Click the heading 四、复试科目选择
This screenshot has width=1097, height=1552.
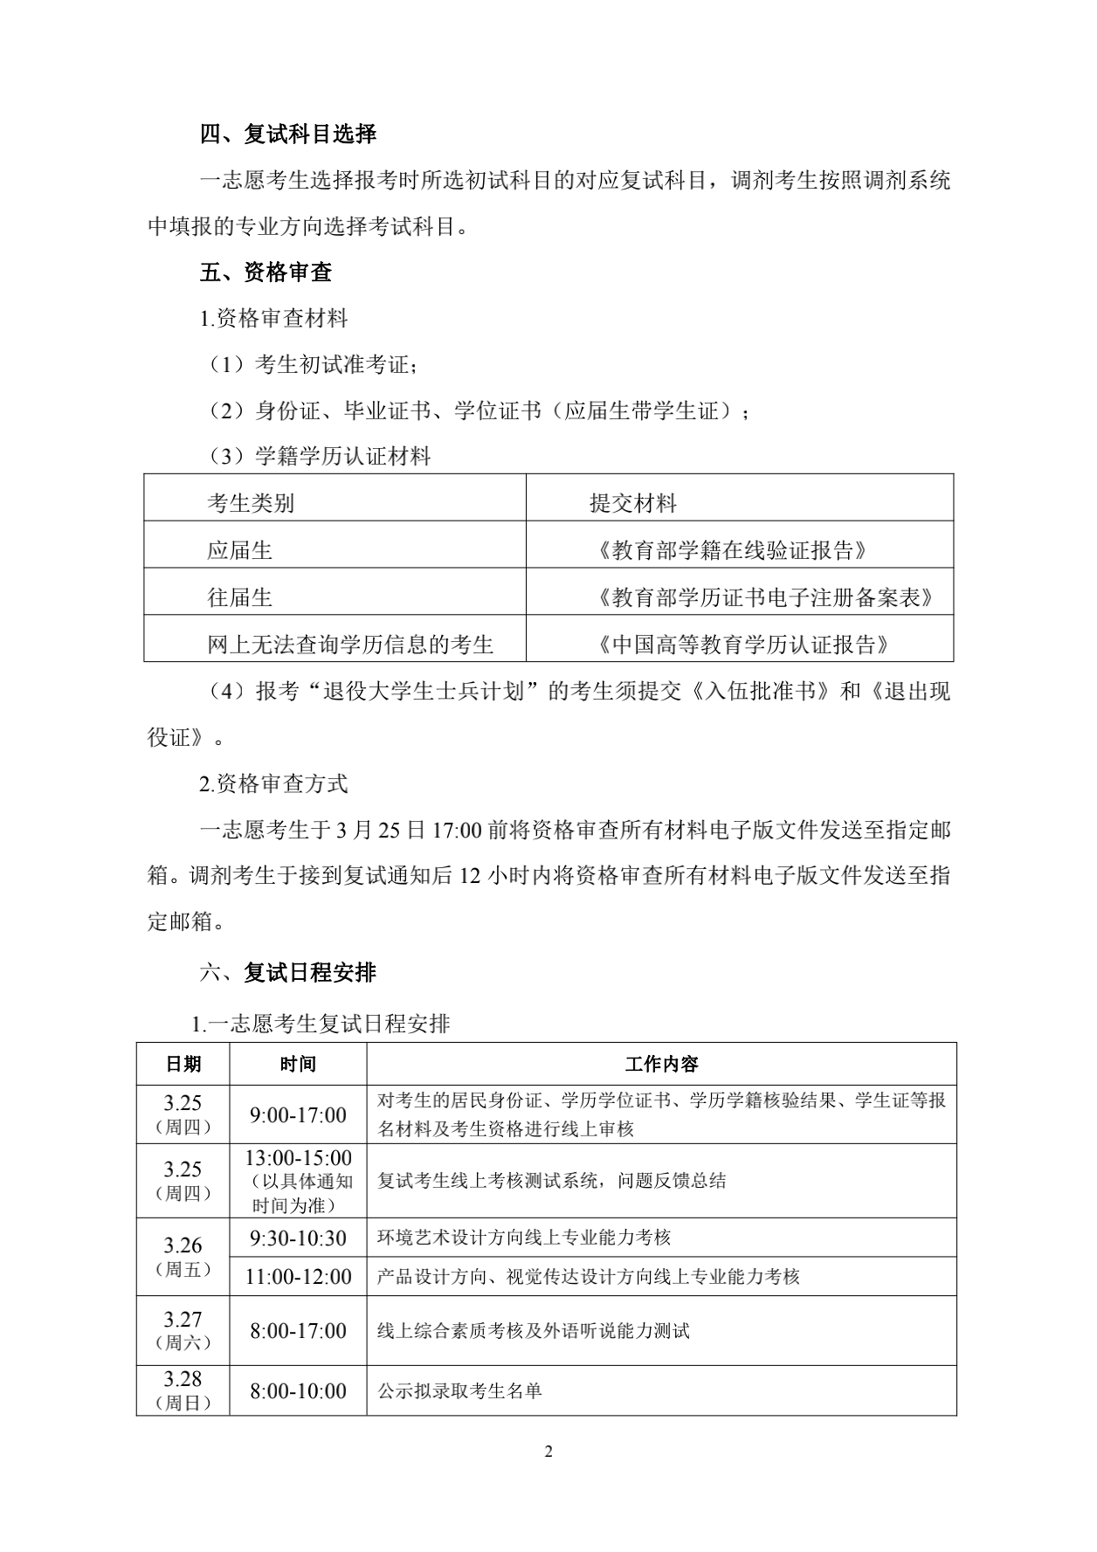pyautogui.click(x=287, y=135)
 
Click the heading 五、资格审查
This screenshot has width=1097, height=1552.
pyautogui.click(x=266, y=272)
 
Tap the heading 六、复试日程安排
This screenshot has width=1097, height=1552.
pyautogui.click(x=287, y=972)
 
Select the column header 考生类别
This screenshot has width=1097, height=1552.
pyautogui.click(x=251, y=503)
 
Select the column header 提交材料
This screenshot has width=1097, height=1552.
pyautogui.click(x=633, y=503)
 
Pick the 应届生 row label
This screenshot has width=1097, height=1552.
pyautogui.click(x=240, y=550)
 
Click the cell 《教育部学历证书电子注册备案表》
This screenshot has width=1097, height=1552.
pyautogui.click(x=766, y=597)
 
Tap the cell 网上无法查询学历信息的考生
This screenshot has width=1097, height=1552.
pyautogui.click(x=350, y=645)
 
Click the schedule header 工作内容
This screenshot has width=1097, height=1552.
pyautogui.click(x=661, y=1064)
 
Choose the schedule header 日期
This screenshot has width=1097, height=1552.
pyautogui.click(x=183, y=1064)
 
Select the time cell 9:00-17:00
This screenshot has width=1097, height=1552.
pyautogui.click(x=298, y=1114)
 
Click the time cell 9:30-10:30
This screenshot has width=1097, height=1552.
pyautogui.click(x=298, y=1238)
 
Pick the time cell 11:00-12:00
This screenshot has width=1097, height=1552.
pyautogui.click(x=298, y=1276)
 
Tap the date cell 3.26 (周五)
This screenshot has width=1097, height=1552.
pyautogui.click(x=183, y=1256)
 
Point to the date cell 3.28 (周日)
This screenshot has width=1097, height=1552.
pyautogui.click(x=183, y=1390)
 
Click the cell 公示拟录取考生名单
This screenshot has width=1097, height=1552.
pyautogui.click(x=459, y=1390)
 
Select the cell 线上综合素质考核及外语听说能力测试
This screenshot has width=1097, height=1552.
pyautogui.click(x=533, y=1330)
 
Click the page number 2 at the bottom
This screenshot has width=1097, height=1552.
pyautogui.click(x=548, y=1452)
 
